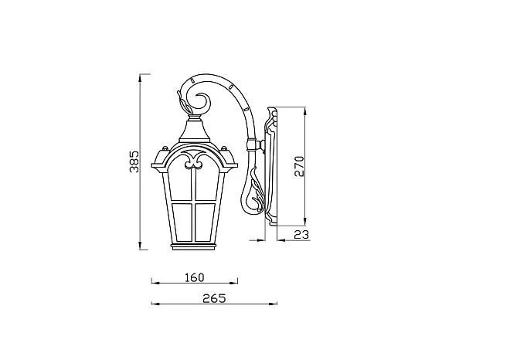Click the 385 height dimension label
point(134,161)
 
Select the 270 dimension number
point(299,167)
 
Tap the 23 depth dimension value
point(301,234)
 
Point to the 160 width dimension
point(195,277)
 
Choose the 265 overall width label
point(214,298)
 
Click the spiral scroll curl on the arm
point(203,103)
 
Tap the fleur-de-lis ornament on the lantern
point(195,161)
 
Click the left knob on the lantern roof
point(165,149)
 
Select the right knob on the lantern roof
point(224,149)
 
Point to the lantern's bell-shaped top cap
point(195,130)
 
